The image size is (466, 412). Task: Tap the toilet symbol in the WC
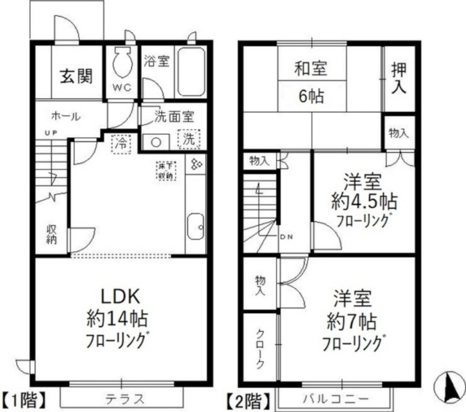tap(121, 63)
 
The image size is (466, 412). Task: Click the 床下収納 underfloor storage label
tap(165, 171)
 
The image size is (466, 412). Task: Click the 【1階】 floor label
tap(25, 399)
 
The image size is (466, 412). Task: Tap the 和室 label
tap(310, 70)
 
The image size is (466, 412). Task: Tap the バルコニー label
tap(336, 399)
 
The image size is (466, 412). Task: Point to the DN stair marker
tap(286, 237)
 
